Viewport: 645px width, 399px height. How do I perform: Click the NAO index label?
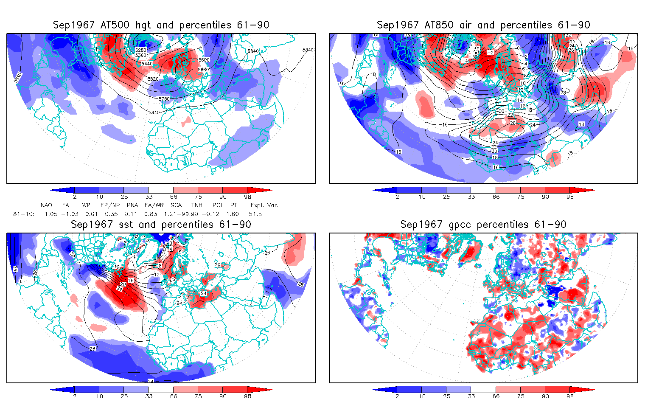point(46,205)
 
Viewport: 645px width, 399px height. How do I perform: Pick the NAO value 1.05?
point(51,214)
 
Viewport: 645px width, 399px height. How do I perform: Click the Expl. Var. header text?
point(264,205)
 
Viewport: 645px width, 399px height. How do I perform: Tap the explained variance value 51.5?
point(255,214)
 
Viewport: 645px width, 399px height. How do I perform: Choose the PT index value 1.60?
point(233,214)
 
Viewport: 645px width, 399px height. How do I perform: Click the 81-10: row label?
point(22,214)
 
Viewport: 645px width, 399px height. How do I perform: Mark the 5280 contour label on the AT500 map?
point(141,50)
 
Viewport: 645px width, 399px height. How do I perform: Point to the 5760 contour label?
point(164,99)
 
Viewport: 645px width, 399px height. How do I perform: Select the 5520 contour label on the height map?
point(153,79)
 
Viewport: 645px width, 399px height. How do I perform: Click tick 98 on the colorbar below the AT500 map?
point(248,197)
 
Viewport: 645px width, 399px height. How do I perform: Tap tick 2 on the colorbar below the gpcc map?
point(397,396)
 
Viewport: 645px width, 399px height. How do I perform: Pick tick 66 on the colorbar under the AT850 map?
point(496,197)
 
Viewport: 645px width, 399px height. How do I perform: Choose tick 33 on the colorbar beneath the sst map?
point(149,396)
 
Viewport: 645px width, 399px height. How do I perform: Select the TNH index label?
point(196,205)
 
